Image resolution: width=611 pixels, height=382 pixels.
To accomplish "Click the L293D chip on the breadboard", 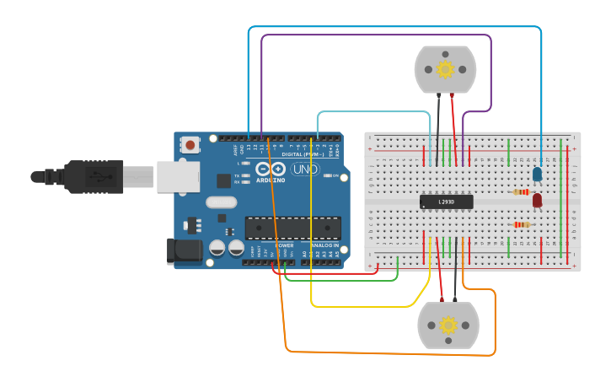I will click(446, 202).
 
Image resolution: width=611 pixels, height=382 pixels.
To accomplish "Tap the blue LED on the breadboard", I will click(537, 174).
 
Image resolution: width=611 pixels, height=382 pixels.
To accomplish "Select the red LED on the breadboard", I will click(537, 200).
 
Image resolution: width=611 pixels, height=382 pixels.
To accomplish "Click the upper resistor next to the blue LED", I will click(522, 192).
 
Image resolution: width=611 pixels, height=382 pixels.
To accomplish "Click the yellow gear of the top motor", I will click(445, 68).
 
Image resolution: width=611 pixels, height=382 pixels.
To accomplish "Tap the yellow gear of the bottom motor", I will click(448, 325).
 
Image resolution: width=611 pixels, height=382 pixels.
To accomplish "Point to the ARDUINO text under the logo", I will click(271, 180).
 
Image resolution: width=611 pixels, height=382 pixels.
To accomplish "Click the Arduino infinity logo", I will click(271, 169).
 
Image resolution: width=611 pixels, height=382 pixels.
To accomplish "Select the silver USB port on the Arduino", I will click(177, 176).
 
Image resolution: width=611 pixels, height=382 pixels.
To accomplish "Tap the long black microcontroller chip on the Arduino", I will click(292, 228).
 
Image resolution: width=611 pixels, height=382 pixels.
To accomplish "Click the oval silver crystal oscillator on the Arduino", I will click(221, 202).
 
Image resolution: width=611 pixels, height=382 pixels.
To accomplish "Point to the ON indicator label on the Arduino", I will click(335, 175).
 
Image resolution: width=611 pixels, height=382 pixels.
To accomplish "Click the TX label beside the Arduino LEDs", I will click(237, 175).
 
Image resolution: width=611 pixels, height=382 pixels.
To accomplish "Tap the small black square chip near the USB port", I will click(223, 180).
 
